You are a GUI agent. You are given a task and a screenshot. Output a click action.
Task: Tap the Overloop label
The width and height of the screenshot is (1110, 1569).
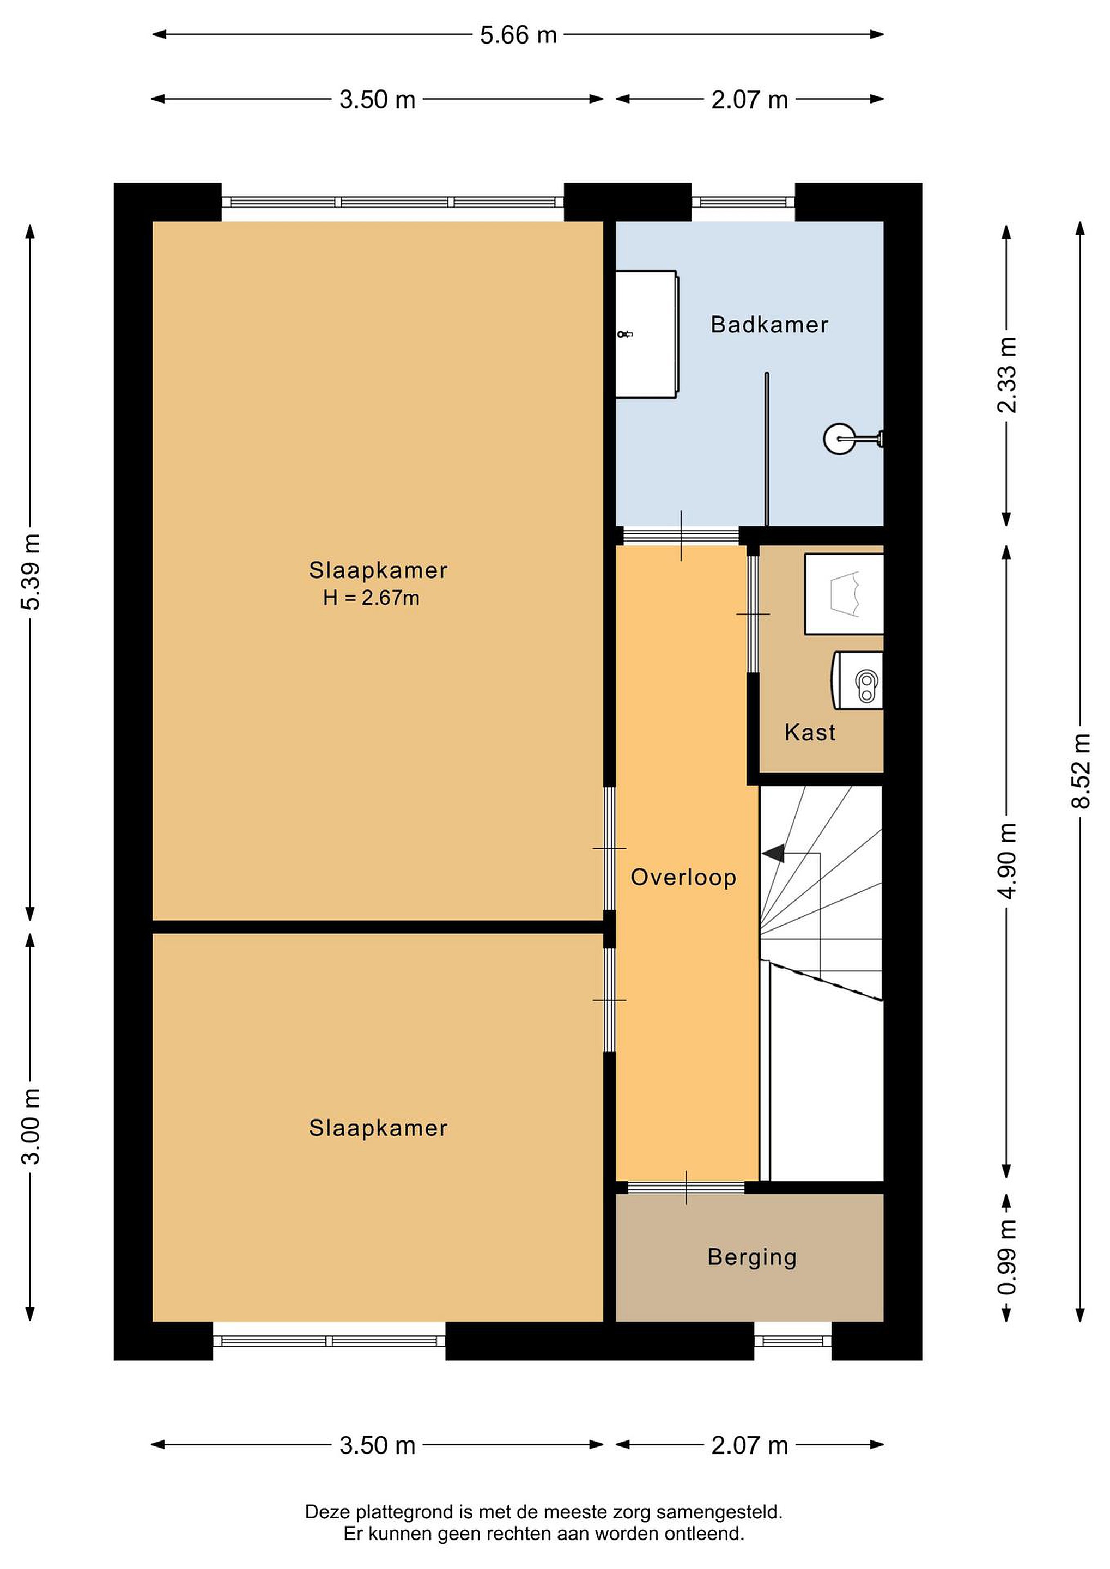pos(683,878)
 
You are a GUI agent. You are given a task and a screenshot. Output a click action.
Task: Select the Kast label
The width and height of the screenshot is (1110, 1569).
pos(810,733)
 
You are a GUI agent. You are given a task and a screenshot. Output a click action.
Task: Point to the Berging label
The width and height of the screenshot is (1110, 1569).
pos(752,1257)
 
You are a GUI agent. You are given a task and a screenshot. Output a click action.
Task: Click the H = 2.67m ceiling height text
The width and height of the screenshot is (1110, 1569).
pos(371,599)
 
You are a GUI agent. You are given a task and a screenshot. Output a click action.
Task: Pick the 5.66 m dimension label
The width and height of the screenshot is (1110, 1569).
pos(518,35)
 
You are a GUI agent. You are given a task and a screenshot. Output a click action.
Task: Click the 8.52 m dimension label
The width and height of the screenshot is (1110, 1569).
pos(1081,771)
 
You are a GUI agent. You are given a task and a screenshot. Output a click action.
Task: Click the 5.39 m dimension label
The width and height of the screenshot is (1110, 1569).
pos(31,571)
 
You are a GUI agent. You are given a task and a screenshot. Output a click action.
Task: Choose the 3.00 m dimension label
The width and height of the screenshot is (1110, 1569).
pos(31,1126)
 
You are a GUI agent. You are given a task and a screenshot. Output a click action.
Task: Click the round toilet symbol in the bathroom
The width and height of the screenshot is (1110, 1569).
pos(853,438)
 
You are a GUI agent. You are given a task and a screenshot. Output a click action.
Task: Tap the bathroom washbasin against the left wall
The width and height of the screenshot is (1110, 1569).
pos(647,334)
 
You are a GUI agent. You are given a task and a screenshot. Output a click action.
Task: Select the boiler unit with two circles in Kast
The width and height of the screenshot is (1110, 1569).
pos(857,680)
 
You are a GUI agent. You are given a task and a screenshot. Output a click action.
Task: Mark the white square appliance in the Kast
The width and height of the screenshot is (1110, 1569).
pos(844,594)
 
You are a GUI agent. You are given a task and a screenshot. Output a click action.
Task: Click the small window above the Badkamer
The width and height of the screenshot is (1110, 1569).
pos(743,202)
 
